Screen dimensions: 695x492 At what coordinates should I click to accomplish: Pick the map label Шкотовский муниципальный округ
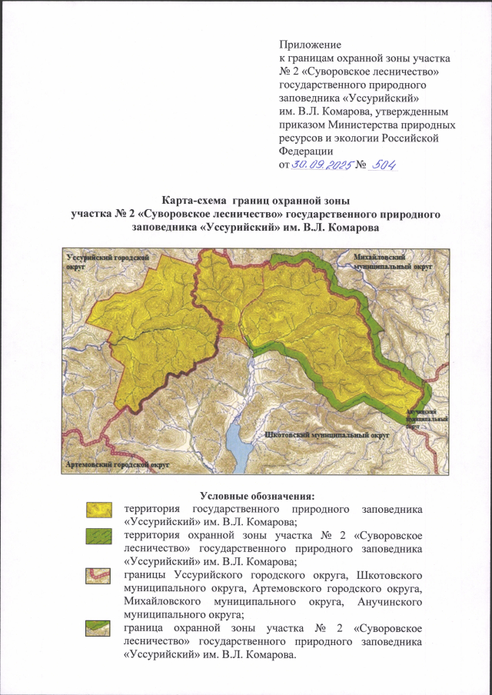[x=323, y=435]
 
